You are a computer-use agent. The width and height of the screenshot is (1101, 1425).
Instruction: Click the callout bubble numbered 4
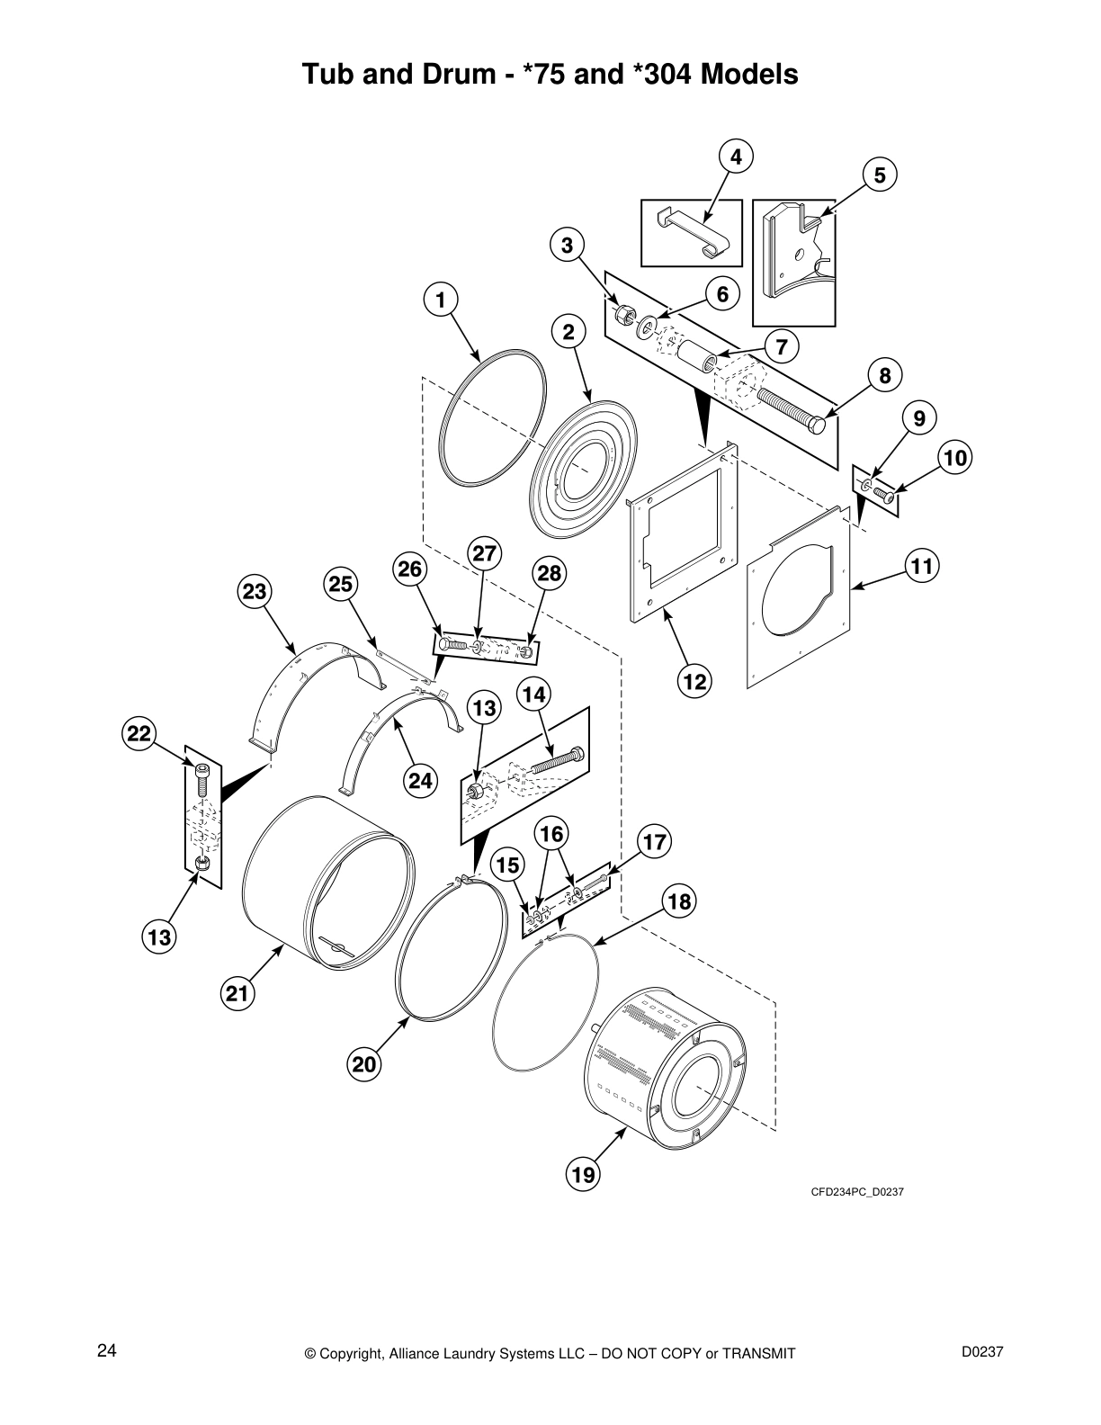pos(736,157)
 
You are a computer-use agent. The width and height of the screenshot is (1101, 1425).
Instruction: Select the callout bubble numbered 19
pos(583,1174)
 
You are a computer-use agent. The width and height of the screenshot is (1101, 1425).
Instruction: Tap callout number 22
pos(138,732)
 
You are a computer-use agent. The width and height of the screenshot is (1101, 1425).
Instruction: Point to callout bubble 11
pos(922,566)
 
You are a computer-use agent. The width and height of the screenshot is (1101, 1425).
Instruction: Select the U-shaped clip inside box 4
pos(693,233)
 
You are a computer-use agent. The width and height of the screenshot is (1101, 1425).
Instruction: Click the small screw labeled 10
pos(883,494)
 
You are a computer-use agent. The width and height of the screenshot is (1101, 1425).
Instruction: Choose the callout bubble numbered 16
pos(551,833)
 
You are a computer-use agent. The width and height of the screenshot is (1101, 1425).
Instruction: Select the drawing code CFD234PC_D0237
pos(856,1192)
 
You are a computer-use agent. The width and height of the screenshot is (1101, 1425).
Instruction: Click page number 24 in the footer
pos(106,1350)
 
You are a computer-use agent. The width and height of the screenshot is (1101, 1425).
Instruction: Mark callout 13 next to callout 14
pos(484,708)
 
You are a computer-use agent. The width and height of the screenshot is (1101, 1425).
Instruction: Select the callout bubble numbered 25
pos(340,584)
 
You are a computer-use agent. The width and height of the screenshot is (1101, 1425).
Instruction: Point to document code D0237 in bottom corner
pos(982,1351)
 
